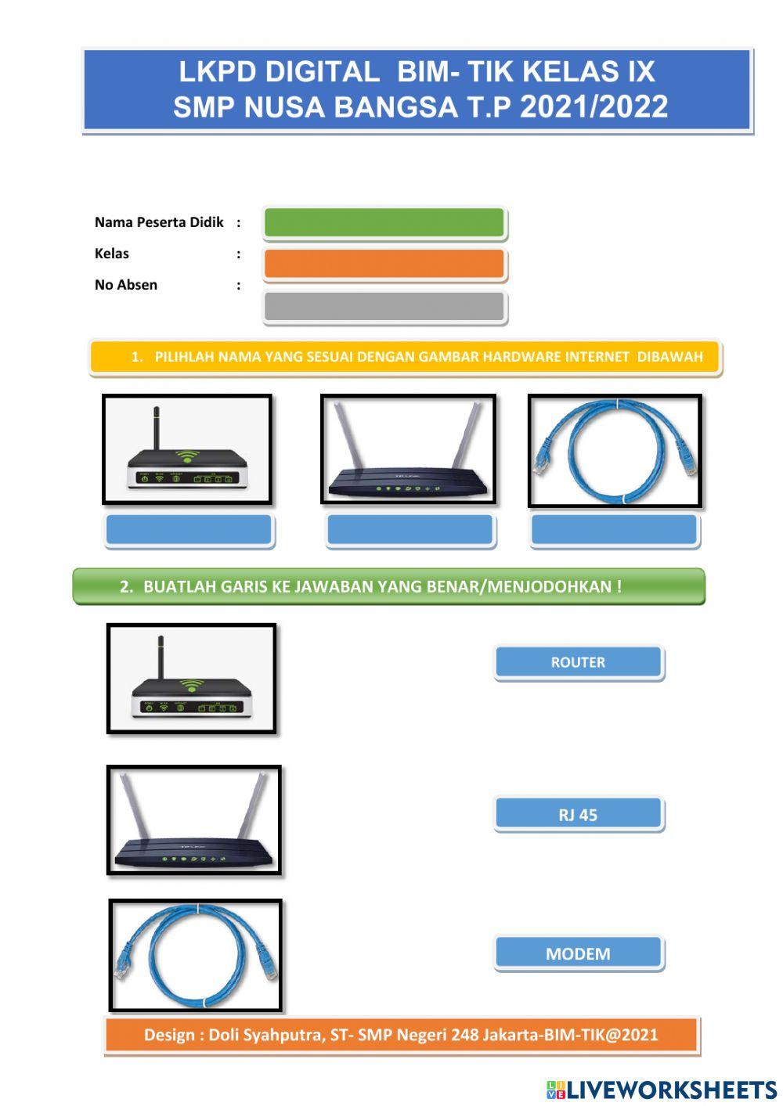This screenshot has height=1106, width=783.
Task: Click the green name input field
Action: [x=384, y=223]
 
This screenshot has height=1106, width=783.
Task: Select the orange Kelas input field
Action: [x=384, y=264]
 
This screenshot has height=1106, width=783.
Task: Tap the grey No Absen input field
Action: [x=384, y=307]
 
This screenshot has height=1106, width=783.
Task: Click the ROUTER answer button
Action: [x=578, y=662]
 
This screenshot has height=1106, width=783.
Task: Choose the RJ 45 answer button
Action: [x=578, y=815]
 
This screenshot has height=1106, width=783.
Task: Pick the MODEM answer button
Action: [x=578, y=953]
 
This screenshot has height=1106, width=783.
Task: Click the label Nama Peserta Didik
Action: [x=159, y=222]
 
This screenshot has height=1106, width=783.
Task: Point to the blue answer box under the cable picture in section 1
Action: [x=614, y=530]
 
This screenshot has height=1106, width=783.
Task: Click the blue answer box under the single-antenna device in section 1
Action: [x=189, y=530]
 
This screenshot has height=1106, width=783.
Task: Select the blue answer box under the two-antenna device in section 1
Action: [x=410, y=530]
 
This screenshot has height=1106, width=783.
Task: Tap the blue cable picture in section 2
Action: [x=195, y=955]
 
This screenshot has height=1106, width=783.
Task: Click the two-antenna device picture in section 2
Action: [x=193, y=820]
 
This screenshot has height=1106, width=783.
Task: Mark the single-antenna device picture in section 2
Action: [x=191, y=678]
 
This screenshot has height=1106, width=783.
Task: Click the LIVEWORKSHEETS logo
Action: [x=661, y=1089]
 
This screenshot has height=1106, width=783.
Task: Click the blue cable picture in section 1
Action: [x=615, y=451]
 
